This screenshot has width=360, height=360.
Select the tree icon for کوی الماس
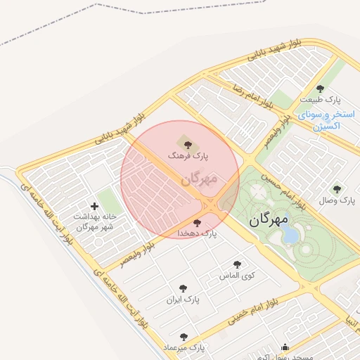(237, 264)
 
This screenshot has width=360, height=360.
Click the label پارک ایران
(183, 299)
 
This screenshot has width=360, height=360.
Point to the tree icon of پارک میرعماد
(184, 337)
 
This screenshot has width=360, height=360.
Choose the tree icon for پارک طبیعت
(321, 89)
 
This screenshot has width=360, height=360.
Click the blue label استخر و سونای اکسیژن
(326, 120)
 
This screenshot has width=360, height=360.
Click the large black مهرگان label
(269, 219)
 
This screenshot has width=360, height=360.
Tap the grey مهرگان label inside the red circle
(199, 179)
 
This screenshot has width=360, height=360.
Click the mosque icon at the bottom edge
(285, 347)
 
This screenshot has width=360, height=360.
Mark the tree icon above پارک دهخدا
(197, 223)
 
